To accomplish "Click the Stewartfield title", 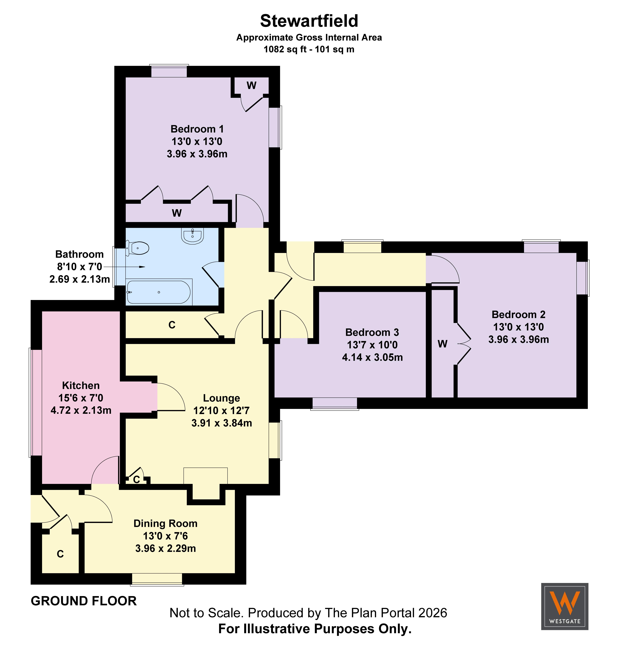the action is pos(309,21).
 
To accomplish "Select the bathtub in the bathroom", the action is pos(159,292).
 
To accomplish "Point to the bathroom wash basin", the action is pos(192,236).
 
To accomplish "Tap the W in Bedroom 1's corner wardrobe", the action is pos(251,86).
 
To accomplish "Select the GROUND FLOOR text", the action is pos(84,601).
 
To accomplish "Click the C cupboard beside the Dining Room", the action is pos(60,554).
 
